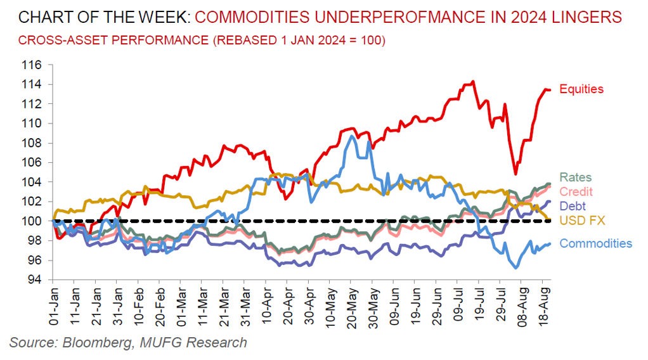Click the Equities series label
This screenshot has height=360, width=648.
[581, 89]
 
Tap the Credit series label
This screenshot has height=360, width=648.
[576, 191]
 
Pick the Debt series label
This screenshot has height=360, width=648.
[573, 206]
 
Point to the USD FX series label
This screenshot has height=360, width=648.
[582, 221]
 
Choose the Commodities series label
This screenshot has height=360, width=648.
[595, 243]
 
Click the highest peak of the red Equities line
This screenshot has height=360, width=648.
[472, 82]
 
